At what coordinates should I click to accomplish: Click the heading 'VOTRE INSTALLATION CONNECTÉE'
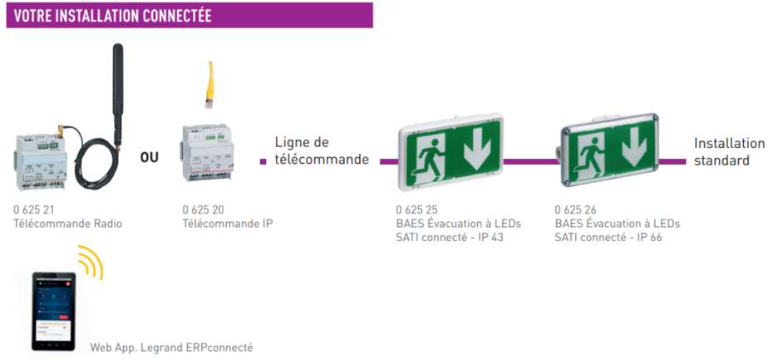coord(112,16)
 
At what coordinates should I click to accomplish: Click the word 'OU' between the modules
coord(149,157)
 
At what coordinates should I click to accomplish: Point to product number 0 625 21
coord(36,210)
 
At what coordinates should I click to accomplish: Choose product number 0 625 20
coord(203,210)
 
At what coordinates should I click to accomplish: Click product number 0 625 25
coord(416,210)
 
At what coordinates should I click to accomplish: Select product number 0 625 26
coord(576,210)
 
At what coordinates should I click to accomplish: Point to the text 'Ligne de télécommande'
coord(321,150)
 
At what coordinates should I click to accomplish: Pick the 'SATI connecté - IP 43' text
coord(449,237)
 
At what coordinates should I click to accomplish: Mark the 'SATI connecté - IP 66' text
coord(608,237)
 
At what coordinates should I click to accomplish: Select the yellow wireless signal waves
coord(90,262)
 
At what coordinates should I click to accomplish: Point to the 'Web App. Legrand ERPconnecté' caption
coord(171,347)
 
